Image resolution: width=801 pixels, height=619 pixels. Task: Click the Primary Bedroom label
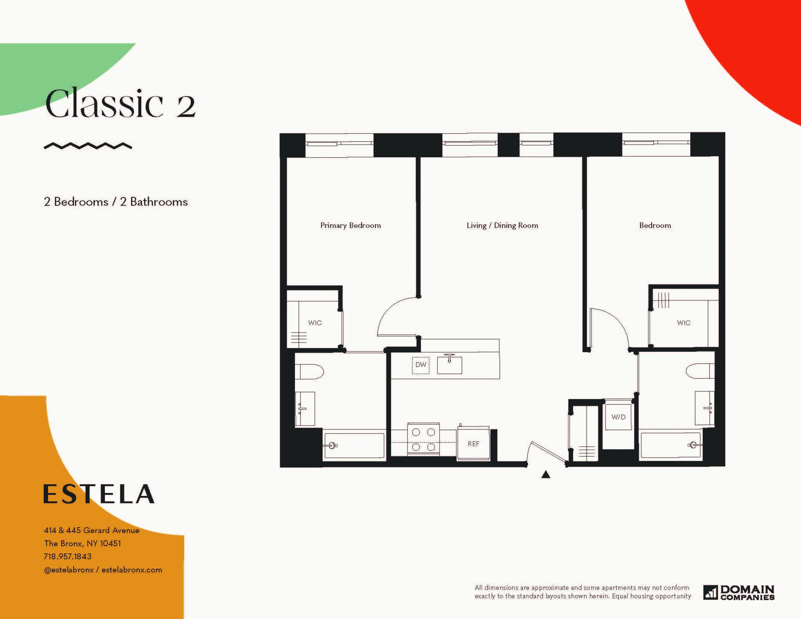(350, 225)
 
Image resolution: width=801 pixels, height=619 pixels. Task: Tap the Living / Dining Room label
(502, 225)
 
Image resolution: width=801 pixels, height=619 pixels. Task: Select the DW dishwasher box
(421, 365)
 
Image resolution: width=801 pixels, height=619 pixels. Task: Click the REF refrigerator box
(473, 444)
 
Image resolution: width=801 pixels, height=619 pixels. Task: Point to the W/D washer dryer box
(618, 417)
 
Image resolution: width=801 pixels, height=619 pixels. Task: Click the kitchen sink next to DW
(449, 365)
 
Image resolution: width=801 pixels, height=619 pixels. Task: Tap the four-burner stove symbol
(423, 439)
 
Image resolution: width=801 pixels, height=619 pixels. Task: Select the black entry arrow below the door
(546, 475)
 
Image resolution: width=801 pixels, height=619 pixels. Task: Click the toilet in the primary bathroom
(309, 372)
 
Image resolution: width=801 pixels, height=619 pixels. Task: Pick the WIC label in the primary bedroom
(315, 323)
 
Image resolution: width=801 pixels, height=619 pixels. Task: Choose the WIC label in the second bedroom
(683, 323)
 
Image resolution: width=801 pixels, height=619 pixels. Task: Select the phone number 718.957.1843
(67, 556)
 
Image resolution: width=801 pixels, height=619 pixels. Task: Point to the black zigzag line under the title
(88, 146)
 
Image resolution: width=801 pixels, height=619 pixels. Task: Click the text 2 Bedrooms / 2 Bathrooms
(115, 202)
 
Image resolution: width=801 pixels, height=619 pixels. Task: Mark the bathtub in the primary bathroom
(354, 445)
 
